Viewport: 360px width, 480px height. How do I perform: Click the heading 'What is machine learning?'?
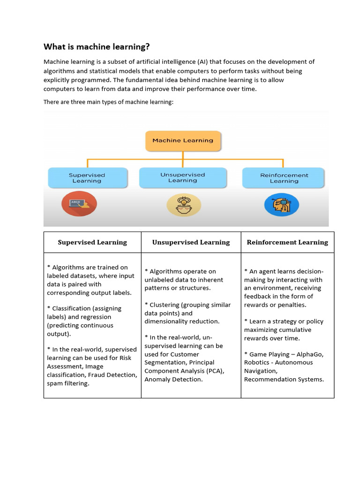[97, 46]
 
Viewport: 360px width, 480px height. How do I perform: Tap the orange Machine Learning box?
[183, 140]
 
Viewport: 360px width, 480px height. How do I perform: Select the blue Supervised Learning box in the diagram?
[87, 178]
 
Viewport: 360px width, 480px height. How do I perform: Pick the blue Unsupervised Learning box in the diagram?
[182, 178]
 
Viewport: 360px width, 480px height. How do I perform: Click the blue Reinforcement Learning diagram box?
[284, 178]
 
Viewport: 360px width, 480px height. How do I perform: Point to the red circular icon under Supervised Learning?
[79, 204]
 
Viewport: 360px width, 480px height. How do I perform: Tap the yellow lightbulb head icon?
[184, 205]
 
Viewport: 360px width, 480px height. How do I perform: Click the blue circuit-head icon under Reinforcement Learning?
[282, 204]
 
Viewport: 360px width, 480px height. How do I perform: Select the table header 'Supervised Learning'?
[92, 242]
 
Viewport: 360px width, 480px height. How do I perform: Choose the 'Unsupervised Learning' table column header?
[191, 242]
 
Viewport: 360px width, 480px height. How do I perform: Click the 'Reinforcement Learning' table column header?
[287, 242]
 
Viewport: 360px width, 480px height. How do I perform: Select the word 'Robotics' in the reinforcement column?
[256, 362]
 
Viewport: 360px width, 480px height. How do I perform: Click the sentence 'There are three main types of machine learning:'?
[108, 102]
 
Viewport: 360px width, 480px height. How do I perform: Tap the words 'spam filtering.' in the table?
[68, 383]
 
